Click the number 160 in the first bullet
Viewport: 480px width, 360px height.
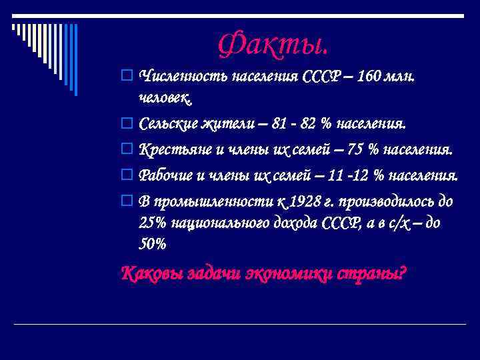coord(371,75)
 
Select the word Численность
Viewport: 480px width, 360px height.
coord(183,75)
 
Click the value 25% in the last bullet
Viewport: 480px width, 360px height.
coord(153,223)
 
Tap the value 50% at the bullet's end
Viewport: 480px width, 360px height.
coord(153,245)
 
